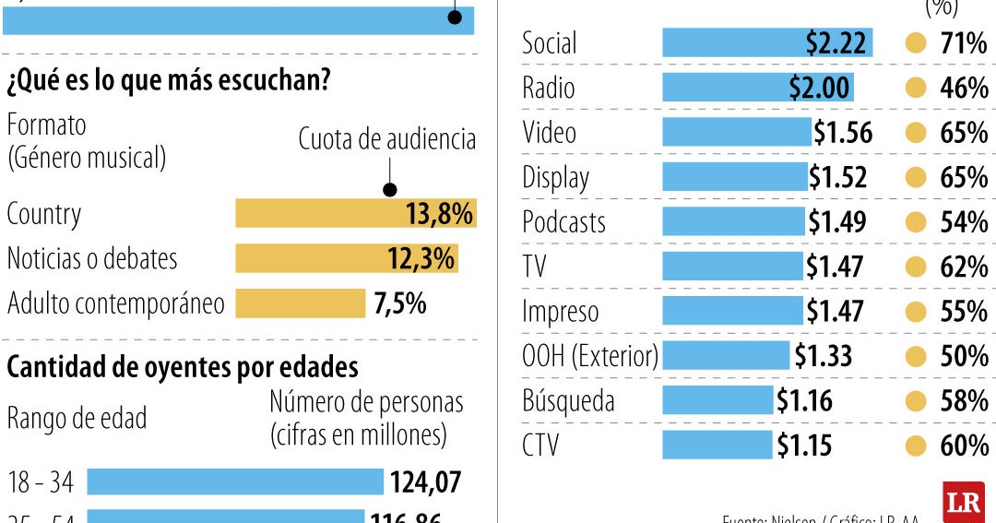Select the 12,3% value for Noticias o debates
click(421, 258)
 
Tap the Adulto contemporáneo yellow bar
click(301, 303)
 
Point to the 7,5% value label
click(400, 303)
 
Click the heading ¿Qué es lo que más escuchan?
click(169, 81)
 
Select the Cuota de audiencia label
click(387, 139)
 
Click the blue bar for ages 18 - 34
click(235, 481)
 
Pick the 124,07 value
click(425, 481)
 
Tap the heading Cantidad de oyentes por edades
click(183, 367)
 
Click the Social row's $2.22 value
click(835, 42)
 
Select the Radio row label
click(548, 88)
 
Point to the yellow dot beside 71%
click(916, 42)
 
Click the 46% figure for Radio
click(964, 88)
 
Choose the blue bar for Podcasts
click(733, 221)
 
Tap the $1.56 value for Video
click(842, 133)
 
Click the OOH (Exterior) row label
click(590, 356)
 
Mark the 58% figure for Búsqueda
click(964, 401)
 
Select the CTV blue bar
click(717, 446)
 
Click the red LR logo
click(963, 502)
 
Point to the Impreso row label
click(560, 312)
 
